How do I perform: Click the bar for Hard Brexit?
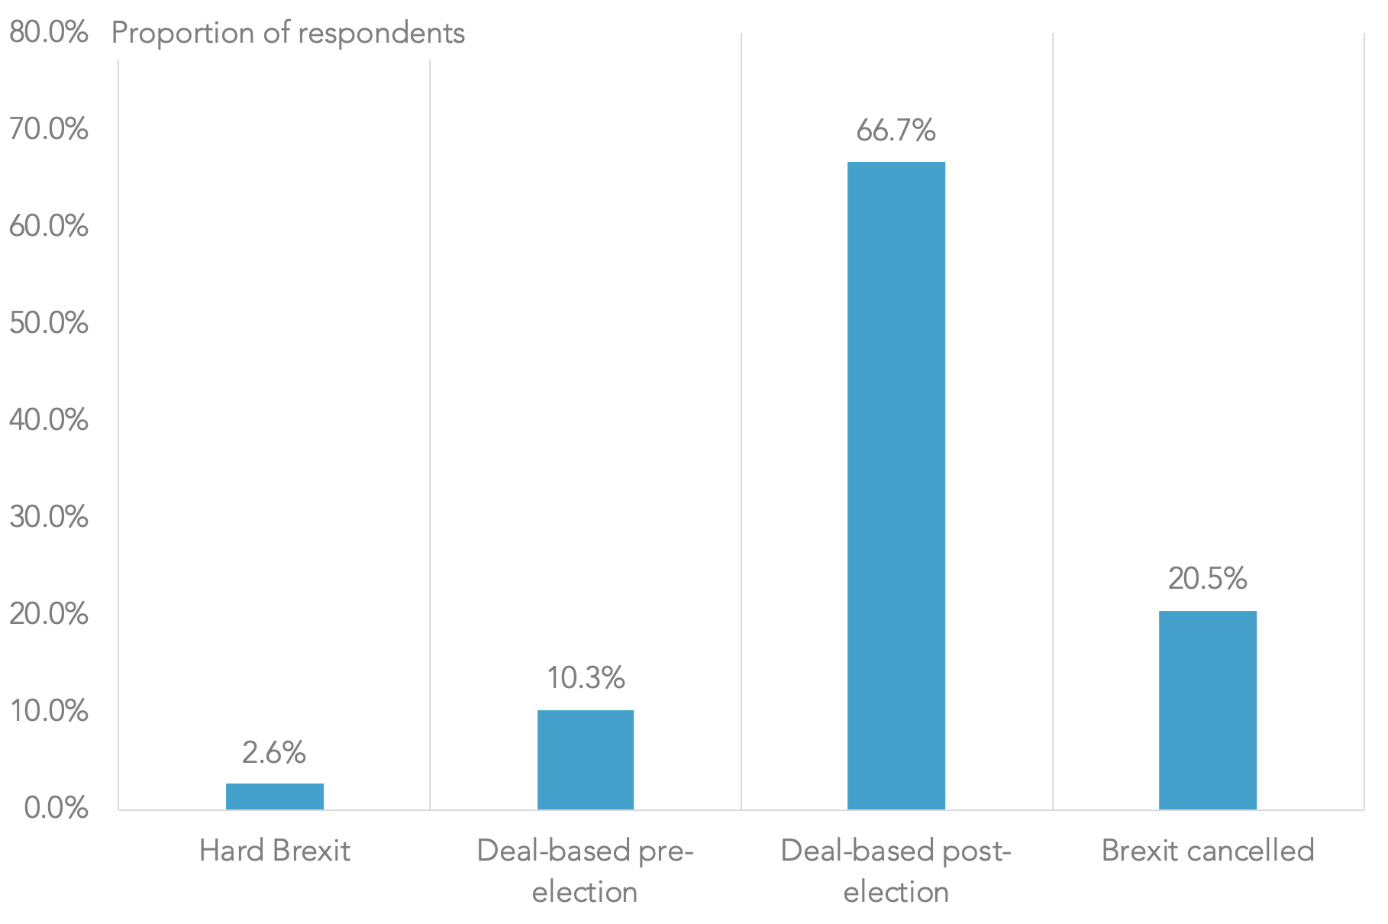pos(275,796)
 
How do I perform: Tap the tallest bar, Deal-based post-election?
pos(896,486)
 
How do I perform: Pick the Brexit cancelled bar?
pos(1207,709)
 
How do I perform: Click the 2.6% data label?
pos(274,753)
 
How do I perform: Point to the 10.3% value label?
pos(586,677)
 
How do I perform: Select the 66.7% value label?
pos(896,131)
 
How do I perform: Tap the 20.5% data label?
pos(1207,579)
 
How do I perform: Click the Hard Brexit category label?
pos(275,851)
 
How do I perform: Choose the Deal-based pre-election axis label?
pos(586,871)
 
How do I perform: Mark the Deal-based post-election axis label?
pos(896,871)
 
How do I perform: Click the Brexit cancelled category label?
pos(1207,851)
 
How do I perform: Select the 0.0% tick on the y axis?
pos(56,809)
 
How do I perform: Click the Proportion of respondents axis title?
pos(288,33)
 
